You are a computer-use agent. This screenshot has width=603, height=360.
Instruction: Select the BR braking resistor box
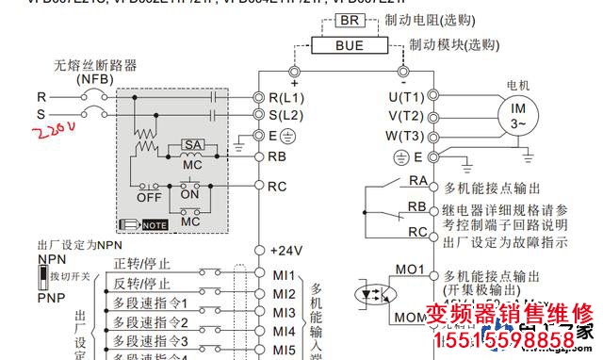pyautogui.click(x=350, y=20)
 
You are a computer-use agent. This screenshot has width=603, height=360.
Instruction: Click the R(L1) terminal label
pyautogui.click(x=286, y=97)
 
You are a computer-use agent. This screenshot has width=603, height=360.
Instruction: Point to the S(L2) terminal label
pyautogui.click(x=286, y=115)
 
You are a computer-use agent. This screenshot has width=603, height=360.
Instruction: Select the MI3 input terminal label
pyautogui.click(x=285, y=313)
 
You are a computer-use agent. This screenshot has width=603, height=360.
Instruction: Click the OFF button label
pyautogui.click(x=148, y=199)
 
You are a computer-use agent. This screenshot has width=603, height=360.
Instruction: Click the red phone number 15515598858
pyautogui.click(x=510, y=339)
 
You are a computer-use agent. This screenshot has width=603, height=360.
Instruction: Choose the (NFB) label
pyautogui.click(x=94, y=80)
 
